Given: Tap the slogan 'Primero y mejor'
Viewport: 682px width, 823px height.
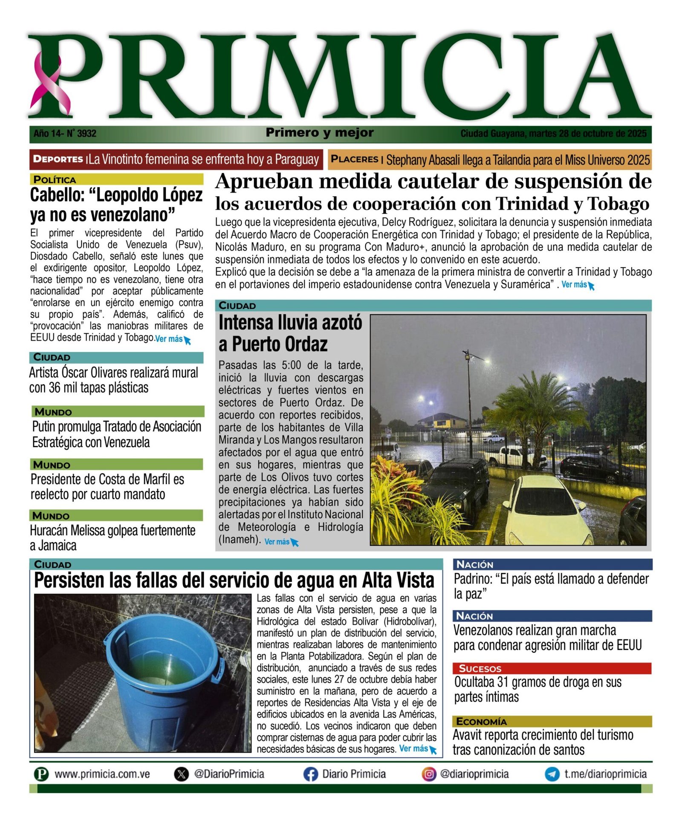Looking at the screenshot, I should [x=319, y=133].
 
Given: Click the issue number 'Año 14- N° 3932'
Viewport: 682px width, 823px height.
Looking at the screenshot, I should [x=65, y=133].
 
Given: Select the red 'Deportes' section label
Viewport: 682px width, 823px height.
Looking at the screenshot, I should [x=58, y=159].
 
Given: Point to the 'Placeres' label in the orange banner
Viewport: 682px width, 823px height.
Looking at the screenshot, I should [x=354, y=159].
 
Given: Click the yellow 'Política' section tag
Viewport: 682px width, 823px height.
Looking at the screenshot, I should [x=55, y=179].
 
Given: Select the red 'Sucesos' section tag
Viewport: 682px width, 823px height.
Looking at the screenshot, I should [x=480, y=668].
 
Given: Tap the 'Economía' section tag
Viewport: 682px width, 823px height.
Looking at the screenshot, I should [x=481, y=721].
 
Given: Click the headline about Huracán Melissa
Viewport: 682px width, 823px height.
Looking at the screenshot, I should [x=113, y=537].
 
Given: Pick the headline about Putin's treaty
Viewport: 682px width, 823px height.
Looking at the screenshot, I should [x=116, y=434].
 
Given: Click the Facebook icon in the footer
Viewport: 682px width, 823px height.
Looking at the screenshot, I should [x=311, y=774].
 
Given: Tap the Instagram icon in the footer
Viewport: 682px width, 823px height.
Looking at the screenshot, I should [x=429, y=774].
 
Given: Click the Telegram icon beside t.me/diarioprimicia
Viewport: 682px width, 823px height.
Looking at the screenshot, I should [x=552, y=774].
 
